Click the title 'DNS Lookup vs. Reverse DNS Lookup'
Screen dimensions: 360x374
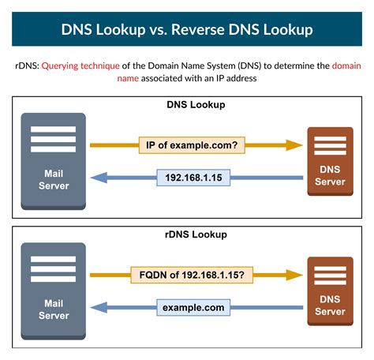[186, 30]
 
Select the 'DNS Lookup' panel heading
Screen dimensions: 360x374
[186, 104]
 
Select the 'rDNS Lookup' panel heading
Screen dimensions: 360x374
[186, 234]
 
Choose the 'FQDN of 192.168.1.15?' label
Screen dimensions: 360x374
[193, 276]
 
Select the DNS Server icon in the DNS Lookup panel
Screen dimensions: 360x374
[330, 163]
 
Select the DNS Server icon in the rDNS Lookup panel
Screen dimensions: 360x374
[330, 292]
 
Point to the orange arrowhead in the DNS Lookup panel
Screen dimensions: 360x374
[295, 146]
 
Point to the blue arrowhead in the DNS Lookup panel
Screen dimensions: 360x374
[98, 178]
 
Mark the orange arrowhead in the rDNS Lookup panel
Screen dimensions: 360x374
[295, 276]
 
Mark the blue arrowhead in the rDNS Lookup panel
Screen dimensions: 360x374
[98, 307]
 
